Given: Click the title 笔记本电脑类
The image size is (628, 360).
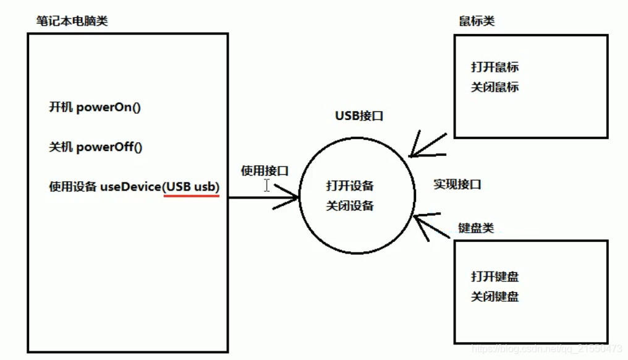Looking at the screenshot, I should coord(72,21).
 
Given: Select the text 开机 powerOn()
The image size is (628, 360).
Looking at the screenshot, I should coord(95,107).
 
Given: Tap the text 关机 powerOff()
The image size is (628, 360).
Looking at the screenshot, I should coord(96,147).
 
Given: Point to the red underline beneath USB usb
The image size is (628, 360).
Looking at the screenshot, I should coord(191,196).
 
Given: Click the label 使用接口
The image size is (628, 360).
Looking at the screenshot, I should coord(265,171).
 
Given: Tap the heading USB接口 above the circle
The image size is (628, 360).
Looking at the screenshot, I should coord(359,116).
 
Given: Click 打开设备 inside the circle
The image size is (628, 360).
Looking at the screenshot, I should coord(350,186).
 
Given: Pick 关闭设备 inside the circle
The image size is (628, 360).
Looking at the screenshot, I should coord(350,205).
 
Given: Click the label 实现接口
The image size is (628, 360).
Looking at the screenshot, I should coord(457,184).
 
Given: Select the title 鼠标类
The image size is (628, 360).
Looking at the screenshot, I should coord(477,21).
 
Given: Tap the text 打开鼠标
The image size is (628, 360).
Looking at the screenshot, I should coord(494,67).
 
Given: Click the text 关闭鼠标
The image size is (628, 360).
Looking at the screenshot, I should coord(494,87).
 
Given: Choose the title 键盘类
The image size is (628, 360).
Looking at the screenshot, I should coord(476,228).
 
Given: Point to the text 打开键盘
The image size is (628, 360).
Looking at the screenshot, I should coord(494,276).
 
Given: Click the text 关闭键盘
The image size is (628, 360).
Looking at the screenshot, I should coord(494,296).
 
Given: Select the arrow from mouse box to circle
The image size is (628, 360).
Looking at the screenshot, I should coord(426,146).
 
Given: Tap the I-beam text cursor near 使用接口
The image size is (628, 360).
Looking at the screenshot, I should coord(266,185).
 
